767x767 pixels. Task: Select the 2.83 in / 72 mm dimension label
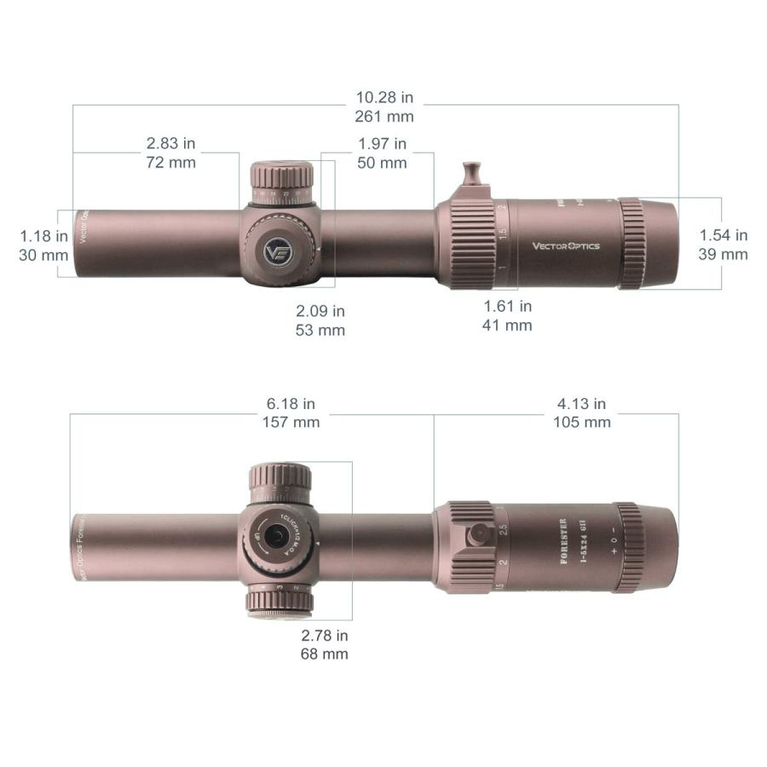(x=170, y=153)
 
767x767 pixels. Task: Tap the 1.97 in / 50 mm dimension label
(x=382, y=153)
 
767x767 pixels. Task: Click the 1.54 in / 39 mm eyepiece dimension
(x=723, y=245)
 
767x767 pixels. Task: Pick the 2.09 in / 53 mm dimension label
(x=320, y=320)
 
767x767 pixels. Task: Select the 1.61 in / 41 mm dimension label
(x=508, y=315)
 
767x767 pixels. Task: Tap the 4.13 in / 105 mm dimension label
(x=581, y=412)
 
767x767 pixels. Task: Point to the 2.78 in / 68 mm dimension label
(x=324, y=644)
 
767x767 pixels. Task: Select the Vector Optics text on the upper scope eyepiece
(x=566, y=246)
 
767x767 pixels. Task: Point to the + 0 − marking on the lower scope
(x=613, y=540)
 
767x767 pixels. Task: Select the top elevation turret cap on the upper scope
(x=281, y=178)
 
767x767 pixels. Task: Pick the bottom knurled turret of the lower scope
(x=279, y=603)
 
